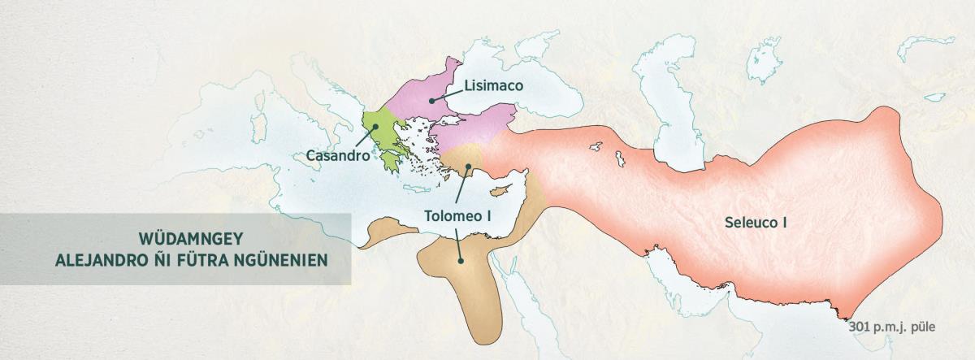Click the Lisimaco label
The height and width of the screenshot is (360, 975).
coord(493,85)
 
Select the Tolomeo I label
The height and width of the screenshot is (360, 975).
coord(458,216)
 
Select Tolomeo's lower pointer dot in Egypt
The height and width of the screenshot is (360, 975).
coord(461,261)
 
